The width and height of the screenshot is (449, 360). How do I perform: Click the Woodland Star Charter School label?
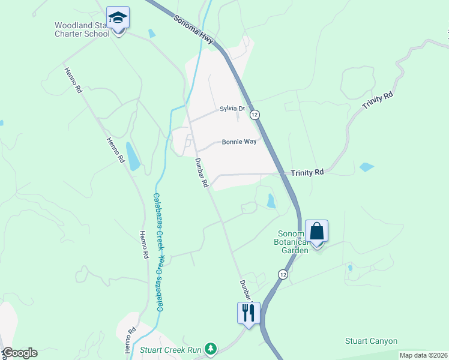point(82,29)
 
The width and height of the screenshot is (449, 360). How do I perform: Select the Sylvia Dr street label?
point(233,109)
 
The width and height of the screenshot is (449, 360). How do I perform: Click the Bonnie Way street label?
point(239,142)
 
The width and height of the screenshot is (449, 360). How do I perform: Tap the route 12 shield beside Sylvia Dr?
point(255,114)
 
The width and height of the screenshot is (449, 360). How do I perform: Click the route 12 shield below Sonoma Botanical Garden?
point(282,274)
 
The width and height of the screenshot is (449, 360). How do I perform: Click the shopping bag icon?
point(316,232)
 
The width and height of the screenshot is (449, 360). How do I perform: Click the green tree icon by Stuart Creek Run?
point(210,349)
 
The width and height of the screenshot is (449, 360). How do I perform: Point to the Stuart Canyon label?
point(371,341)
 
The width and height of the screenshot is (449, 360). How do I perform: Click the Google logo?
point(19,353)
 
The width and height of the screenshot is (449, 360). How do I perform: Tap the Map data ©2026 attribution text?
point(423,355)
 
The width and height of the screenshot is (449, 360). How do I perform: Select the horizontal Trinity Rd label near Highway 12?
point(307,172)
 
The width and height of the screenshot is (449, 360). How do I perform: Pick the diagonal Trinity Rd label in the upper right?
point(378,100)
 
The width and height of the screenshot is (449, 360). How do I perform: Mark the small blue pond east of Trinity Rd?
point(366,167)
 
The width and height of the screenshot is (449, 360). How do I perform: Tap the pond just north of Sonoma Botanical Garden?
point(271,201)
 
